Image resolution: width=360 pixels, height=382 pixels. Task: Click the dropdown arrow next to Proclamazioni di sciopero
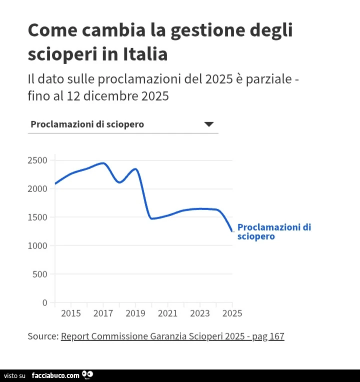point(208,124)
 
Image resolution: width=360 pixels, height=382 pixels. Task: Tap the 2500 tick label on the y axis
point(37,160)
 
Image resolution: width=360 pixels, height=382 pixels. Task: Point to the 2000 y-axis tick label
point(37,189)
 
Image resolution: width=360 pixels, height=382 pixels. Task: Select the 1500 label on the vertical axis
point(37,217)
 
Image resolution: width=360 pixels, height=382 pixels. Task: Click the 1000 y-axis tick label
point(37,246)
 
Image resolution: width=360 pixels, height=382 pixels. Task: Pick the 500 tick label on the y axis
point(40,274)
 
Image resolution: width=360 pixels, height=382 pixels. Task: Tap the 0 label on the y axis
point(45,303)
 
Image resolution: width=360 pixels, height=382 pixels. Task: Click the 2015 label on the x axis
point(71,313)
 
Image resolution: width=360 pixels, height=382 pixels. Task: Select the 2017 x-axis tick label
point(103,313)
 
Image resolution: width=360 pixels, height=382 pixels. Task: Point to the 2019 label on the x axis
point(135,313)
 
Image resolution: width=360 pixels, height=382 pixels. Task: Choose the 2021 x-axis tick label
point(167,313)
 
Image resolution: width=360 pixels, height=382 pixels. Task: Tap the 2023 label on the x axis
point(200,313)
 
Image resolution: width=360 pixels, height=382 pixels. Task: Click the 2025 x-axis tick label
point(232,313)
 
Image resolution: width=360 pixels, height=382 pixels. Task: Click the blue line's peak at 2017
point(103,163)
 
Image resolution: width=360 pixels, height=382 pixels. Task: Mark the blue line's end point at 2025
point(232,231)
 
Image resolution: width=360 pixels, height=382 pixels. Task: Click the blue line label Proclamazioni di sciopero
point(274,231)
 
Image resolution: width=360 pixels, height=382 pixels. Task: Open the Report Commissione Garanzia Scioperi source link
point(172,336)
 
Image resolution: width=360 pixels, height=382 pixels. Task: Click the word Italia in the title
point(145,54)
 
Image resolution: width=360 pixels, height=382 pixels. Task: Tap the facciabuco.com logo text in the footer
point(55,375)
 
